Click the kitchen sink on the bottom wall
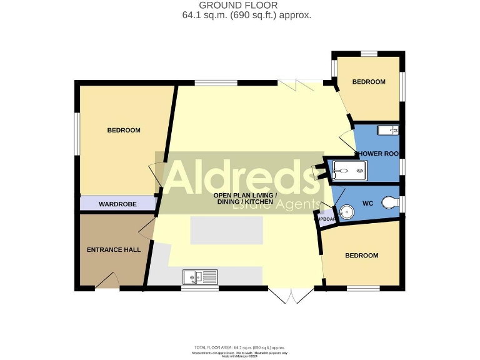tap(199, 276)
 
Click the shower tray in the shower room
tap(348, 169)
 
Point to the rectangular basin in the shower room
tap(392, 130)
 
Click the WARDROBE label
tap(117, 204)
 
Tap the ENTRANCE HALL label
tap(113, 249)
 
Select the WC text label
tap(367, 203)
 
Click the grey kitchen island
tap(226, 231)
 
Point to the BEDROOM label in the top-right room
tap(369, 82)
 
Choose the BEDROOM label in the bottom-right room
tap(361, 256)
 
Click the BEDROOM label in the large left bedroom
tap(124, 130)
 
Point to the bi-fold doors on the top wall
tap(300, 84)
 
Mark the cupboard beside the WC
tap(324, 219)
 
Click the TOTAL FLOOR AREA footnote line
tap(240, 347)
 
